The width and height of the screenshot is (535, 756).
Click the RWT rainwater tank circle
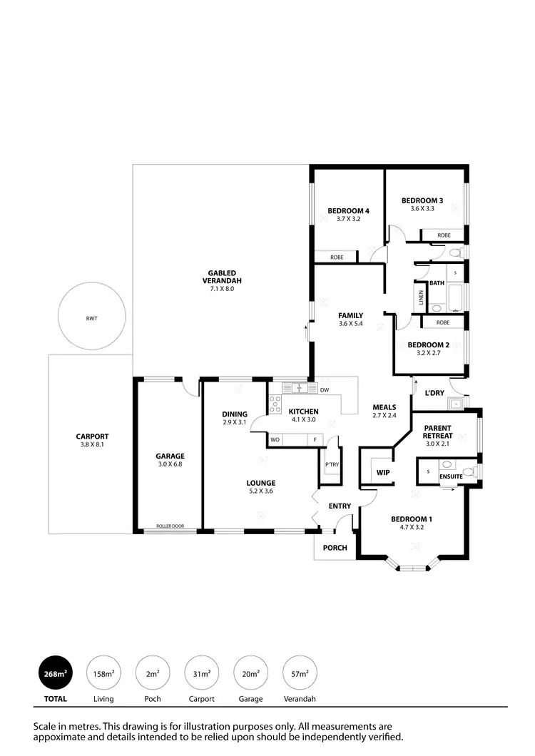(x=92, y=318)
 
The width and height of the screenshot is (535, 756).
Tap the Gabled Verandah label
(x=221, y=277)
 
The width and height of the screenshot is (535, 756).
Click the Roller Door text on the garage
(x=170, y=526)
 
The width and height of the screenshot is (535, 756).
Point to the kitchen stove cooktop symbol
(x=275, y=404)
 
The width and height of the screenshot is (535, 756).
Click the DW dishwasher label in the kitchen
(x=324, y=390)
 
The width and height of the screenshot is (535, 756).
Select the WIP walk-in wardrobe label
(x=382, y=472)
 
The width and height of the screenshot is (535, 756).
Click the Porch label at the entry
(x=335, y=548)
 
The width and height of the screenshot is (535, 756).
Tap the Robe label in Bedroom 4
(x=337, y=257)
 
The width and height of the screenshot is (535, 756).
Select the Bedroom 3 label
(x=422, y=200)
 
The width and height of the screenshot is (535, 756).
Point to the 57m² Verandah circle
(x=300, y=673)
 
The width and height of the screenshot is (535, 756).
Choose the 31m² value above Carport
(x=201, y=673)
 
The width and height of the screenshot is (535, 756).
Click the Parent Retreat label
(x=437, y=431)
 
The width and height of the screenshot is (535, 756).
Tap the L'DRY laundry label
(x=434, y=393)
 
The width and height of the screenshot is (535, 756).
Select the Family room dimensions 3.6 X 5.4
(x=351, y=324)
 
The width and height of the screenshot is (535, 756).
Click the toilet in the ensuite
(x=469, y=471)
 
